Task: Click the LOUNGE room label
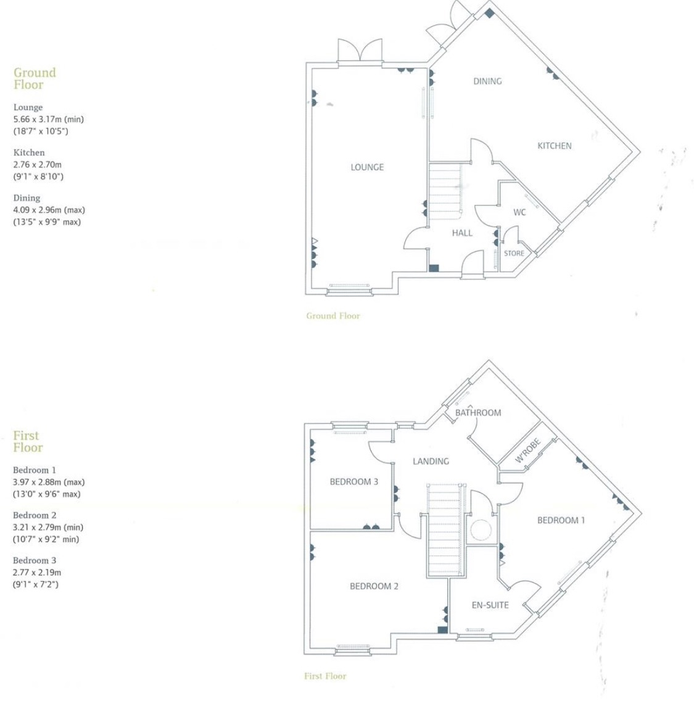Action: pos(367,167)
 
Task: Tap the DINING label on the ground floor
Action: pos(487,81)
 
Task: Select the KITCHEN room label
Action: pos(554,146)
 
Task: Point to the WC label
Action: pos(519,212)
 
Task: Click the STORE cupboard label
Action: pos(514,254)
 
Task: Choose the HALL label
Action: pos(462,233)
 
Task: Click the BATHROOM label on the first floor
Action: pos(478,412)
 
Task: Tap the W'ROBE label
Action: pos(528,451)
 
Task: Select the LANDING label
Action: pos(431,461)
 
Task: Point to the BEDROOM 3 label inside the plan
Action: pos(353,481)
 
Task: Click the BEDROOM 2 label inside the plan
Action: pos(374,586)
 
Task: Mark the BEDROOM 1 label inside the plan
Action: pos(561,520)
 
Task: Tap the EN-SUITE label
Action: pos(490,605)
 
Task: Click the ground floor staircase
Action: pos(445,189)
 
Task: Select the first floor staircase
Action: pos(444,531)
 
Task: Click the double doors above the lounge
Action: pos(360,51)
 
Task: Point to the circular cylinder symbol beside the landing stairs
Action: pos(481,529)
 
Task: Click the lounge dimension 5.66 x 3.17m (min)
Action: pos(49,119)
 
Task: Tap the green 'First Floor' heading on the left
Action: pos(28,441)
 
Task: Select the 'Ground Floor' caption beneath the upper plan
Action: pos(333,316)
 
